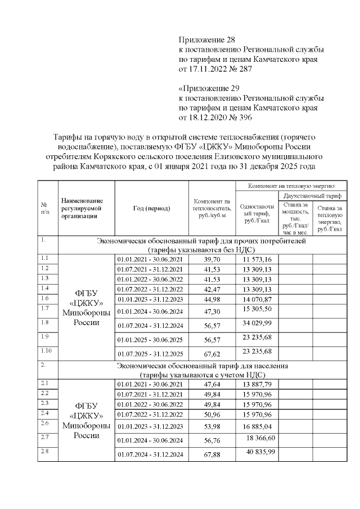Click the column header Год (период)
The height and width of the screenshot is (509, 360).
pos(151,208)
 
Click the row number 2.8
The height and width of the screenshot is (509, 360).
pos(45,451)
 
